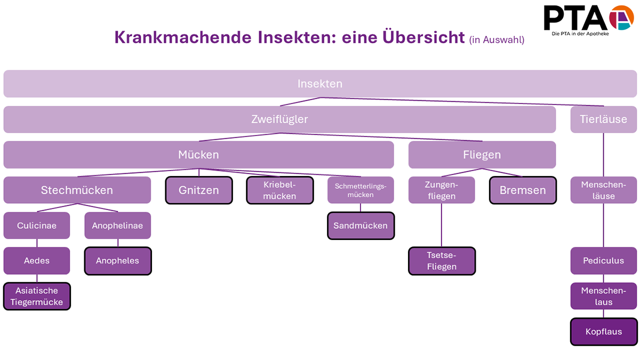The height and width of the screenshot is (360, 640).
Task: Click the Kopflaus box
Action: pyautogui.click(x=604, y=332)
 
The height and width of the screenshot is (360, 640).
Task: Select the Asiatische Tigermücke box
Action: pyautogui.click(x=37, y=296)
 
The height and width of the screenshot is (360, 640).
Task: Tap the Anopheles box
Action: pyautogui.click(x=117, y=261)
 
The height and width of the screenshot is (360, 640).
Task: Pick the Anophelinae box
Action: pyautogui.click(x=117, y=226)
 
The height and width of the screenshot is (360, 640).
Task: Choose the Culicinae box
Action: pyautogui.click(x=37, y=226)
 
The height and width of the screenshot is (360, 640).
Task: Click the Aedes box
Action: pyautogui.click(x=37, y=261)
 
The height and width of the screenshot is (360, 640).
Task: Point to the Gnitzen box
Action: pyautogui.click(x=199, y=190)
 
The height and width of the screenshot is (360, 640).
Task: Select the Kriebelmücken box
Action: pyautogui.click(x=279, y=190)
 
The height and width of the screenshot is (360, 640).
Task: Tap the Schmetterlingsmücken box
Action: pyautogui.click(x=361, y=190)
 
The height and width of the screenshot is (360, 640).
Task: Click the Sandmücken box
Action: pyautogui.click(x=361, y=226)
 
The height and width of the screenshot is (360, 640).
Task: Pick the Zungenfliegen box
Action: pyautogui.click(x=442, y=190)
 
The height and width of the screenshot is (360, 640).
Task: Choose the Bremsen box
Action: pyautogui.click(x=523, y=190)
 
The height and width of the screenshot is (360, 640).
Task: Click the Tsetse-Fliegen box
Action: pyautogui.click(x=442, y=261)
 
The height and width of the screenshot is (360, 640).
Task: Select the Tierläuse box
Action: pyautogui.click(x=604, y=119)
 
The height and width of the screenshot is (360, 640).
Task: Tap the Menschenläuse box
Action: pyautogui.click(x=604, y=190)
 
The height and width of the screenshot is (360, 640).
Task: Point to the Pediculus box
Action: pyautogui.click(x=604, y=261)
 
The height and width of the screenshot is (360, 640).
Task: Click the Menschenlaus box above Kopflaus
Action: pyautogui.click(x=604, y=296)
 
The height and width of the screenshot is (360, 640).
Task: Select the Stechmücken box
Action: pyautogui.click(x=77, y=190)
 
